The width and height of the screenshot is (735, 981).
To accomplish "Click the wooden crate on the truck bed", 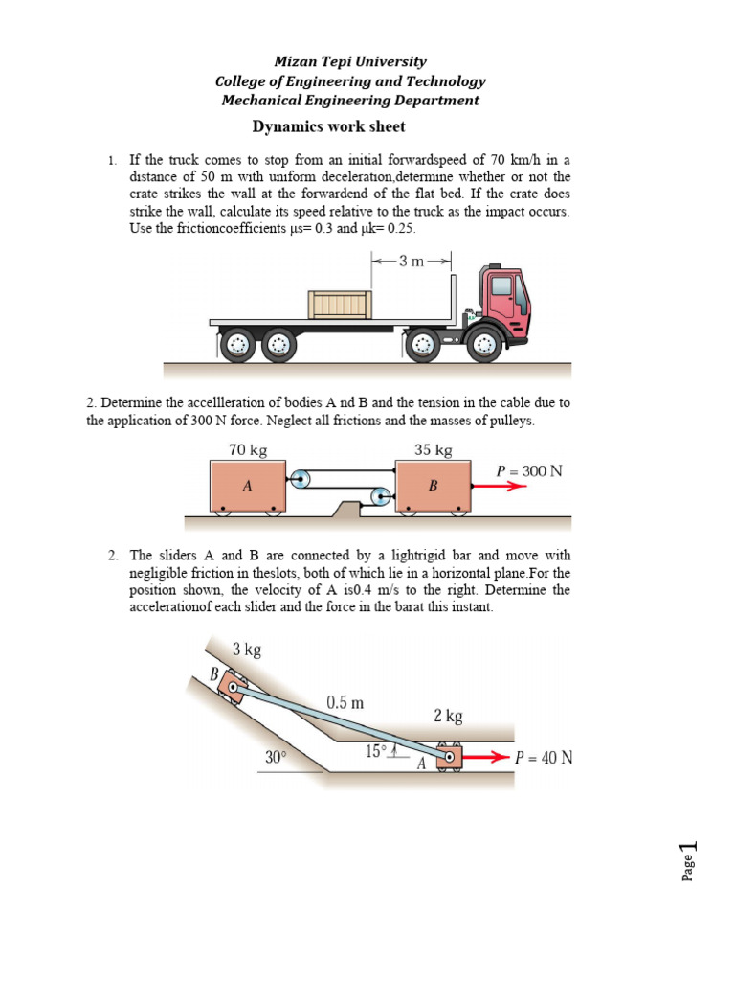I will [x=339, y=305].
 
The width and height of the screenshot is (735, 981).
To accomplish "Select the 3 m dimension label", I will [x=411, y=261].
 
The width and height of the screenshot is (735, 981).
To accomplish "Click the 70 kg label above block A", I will [x=247, y=449].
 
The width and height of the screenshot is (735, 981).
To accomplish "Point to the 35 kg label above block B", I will [x=433, y=449].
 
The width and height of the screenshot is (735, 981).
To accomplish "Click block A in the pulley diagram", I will [x=247, y=486].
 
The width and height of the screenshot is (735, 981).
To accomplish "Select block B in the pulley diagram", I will [x=433, y=486].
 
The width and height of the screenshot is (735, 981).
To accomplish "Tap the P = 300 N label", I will [x=529, y=470].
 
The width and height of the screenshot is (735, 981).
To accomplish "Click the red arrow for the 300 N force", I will [x=498, y=486].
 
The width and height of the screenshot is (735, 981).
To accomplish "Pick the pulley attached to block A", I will [x=301, y=480].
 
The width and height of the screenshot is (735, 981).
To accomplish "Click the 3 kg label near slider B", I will [x=247, y=650].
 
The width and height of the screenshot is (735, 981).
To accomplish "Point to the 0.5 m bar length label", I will [x=345, y=701].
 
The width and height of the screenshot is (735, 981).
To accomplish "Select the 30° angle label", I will [x=278, y=757].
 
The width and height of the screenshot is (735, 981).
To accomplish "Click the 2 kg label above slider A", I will [x=448, y=716].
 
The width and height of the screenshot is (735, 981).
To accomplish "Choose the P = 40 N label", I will [x=544, y=757].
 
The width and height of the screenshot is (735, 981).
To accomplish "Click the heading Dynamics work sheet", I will [x=328, y=126].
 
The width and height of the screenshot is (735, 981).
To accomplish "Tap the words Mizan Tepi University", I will [x=350, y=61].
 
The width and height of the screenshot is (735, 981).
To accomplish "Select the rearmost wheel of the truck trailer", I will [x=237, y=345].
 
